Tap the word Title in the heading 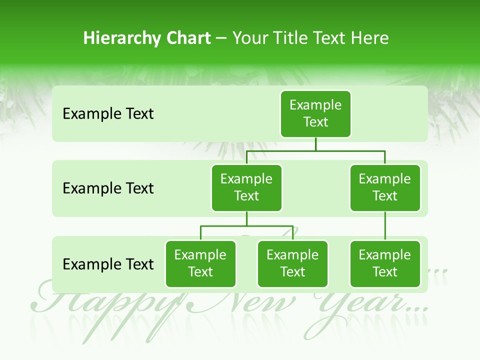point(290,38)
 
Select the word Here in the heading point(369,38)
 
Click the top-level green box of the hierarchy point(315,113)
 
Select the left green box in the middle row point(246,187)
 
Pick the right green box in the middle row point(385,187)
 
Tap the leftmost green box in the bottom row point(200,263)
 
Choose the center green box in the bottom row point(292,263)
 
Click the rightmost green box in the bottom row point(385,263)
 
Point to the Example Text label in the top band point(108,114)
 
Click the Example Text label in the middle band point(108,188)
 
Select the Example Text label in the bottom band point(108,264)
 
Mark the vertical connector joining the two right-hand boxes point(385,226)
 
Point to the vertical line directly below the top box point(315,143)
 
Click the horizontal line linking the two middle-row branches point(315,150)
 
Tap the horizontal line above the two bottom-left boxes point(246,226)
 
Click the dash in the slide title point(221,38)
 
